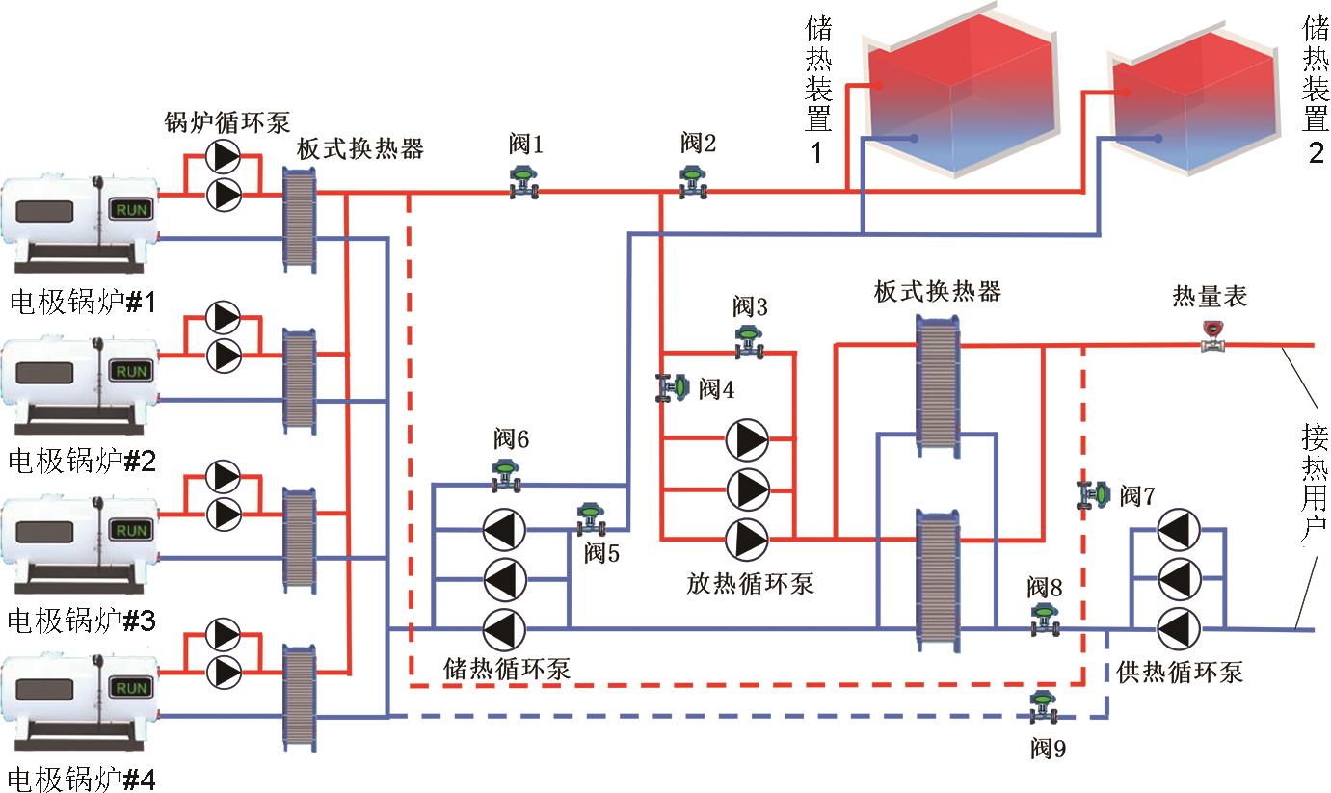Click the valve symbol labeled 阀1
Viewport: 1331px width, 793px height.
(523, 183)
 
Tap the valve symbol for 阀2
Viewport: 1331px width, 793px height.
(692, 182)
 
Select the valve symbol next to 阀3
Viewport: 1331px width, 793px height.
(749, 342)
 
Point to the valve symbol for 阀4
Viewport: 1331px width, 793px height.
(673, 387)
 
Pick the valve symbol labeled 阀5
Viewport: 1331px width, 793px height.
(590, 519)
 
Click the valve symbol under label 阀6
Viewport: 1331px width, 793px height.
(504, 475)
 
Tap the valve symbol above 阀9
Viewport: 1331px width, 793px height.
(1042, 705)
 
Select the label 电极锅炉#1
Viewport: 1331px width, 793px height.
(83, 303)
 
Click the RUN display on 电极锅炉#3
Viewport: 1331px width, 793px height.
(132, 530)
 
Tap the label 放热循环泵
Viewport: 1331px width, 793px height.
(751, 582)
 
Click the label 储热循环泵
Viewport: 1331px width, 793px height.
(507, 668)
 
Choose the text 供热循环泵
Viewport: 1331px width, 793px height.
(1181, 672)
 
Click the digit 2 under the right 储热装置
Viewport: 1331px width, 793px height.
(1316, 152)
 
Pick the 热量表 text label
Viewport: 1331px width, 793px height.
(1210, 295)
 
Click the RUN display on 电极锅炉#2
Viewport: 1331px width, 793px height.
(132, 371)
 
